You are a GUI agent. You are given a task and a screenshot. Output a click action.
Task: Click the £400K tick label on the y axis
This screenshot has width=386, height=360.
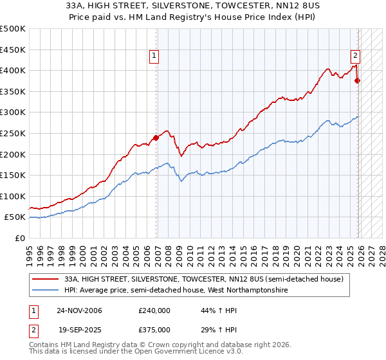coord(13,70)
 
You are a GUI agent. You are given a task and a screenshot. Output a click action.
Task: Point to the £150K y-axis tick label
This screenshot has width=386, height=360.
coord(13,175)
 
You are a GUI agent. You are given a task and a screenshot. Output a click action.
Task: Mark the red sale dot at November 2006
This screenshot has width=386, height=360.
coord(156,138)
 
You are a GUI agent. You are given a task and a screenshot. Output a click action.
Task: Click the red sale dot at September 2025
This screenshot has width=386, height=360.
coord(358,81)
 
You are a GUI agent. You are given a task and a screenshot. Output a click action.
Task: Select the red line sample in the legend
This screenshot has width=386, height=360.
coord(46,279)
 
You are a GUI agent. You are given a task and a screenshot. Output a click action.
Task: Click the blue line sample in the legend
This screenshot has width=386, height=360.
coord(46,291)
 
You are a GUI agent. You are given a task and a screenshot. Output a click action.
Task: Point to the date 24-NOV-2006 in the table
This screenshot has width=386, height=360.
coord(79,310)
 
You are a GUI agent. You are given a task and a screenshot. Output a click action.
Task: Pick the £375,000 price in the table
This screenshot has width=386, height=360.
coord(154,329)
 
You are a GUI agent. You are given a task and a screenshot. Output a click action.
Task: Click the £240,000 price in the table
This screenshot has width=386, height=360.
coord(154,310)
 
